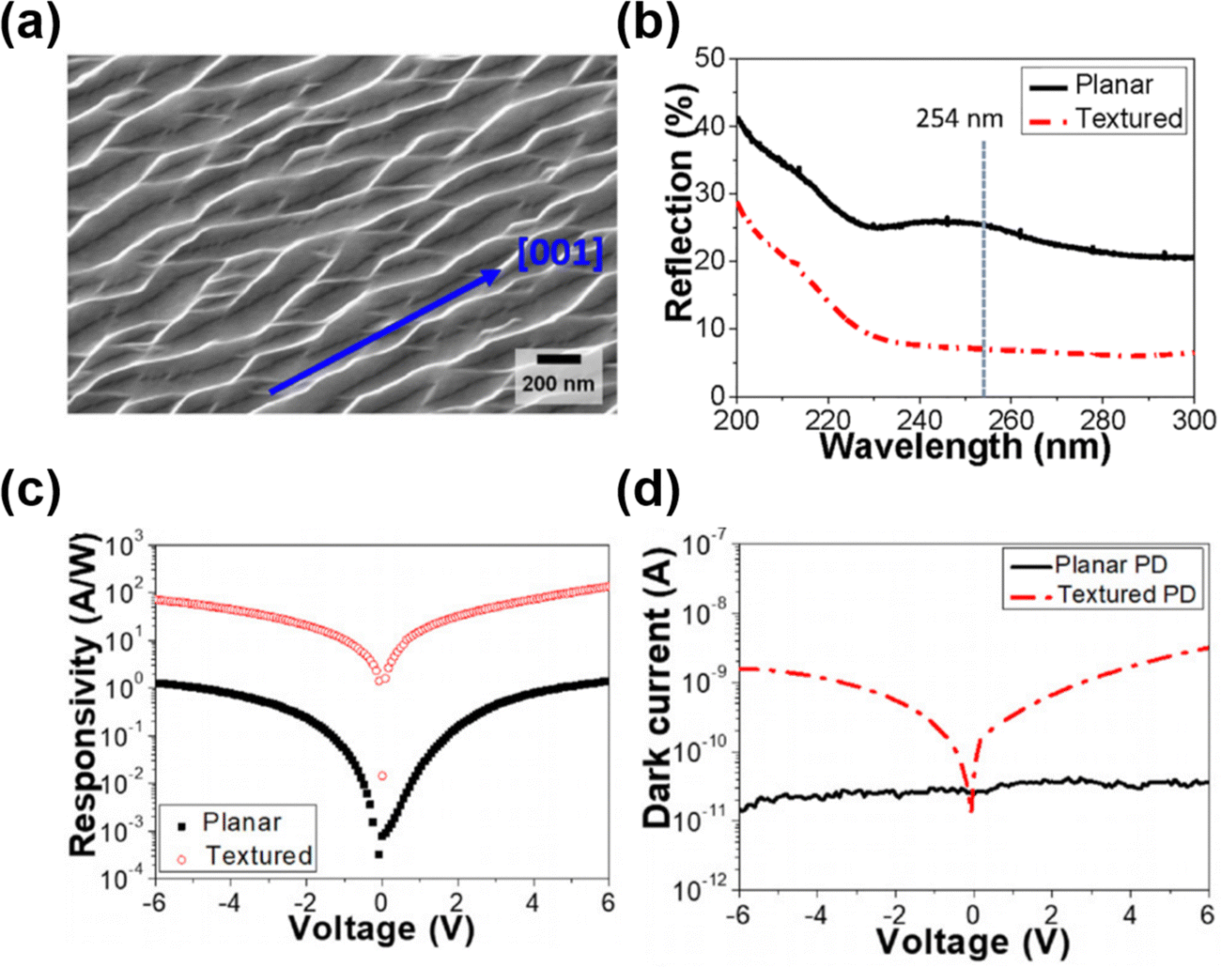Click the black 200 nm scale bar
(559, 359)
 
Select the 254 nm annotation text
(959, 119)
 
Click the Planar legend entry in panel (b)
(1114, 84)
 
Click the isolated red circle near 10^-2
(382, 775)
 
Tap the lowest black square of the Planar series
(379, 854)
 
